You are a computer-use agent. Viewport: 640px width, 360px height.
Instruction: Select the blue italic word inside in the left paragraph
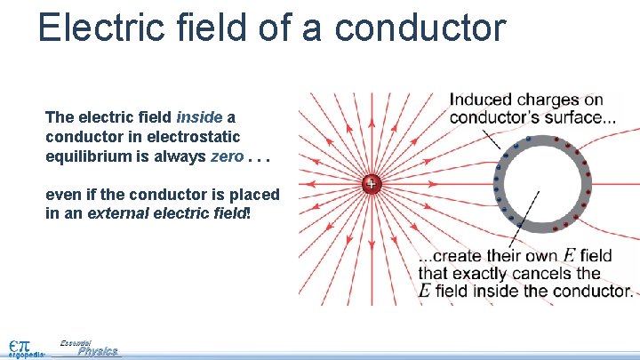click(199, 117)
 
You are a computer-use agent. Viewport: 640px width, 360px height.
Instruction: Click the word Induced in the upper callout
click(480, 100)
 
